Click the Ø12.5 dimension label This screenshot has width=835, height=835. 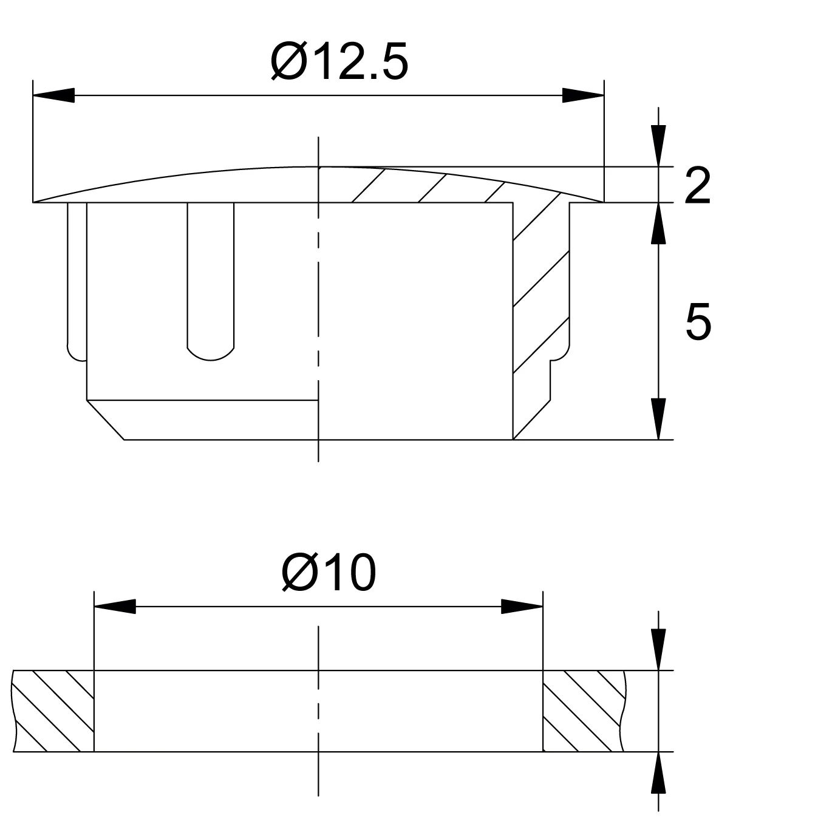339,61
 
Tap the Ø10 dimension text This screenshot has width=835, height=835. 329,573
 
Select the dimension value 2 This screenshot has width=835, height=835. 698,186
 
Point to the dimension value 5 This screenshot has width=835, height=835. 698,321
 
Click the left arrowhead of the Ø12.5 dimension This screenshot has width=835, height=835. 53,95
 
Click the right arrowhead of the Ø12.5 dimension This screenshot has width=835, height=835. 583,95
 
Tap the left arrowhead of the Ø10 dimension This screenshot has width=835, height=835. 115,607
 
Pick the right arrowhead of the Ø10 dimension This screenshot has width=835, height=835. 522,607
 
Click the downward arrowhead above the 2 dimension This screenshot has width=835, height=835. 659,146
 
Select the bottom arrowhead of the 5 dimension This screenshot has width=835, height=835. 659,419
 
